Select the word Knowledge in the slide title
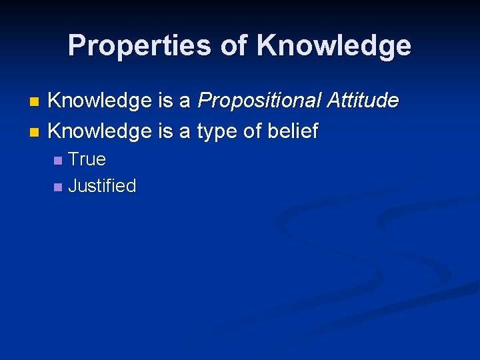(x=334, y=46)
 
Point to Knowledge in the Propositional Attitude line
(x=100, y=101)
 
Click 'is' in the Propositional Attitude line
(x=165, y=101)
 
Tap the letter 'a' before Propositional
(x=185, y=101)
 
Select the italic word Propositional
(x=259, y=101)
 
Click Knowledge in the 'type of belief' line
(x=100, y=131)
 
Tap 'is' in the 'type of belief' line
(x=165, y=131)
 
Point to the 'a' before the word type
(x=185, y=131)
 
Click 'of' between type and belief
(x=253, y=131)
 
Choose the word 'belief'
(x=293, y=131)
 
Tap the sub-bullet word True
(x=87, y=159)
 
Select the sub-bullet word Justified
(x=102, y=186)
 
